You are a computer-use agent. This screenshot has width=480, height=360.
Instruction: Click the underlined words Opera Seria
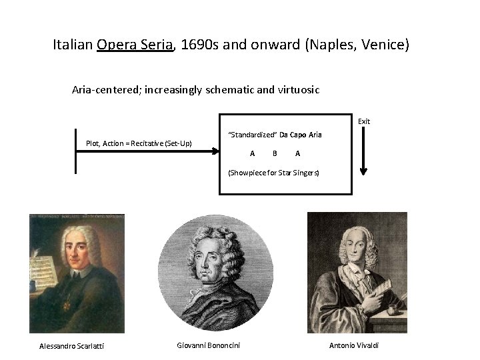tap(135, 45)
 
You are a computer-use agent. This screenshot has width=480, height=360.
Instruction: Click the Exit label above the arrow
tap(363, 121)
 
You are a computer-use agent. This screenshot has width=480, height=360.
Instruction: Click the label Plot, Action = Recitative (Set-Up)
tap(139, 143)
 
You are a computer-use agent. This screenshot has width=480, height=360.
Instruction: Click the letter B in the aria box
tap(275, 153)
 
